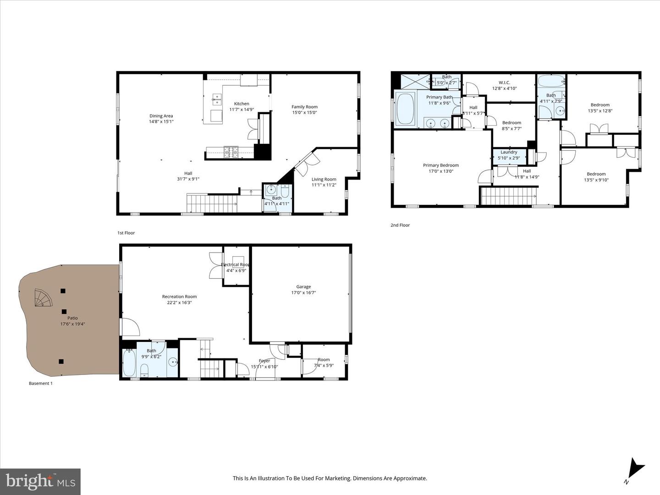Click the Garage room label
tap(303, 287)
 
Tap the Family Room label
tap(304, 107)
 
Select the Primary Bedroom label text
tap(440, 165)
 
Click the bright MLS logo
tap(40, 481)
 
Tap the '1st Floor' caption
tap(126, 233)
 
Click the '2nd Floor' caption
tap(400, 225)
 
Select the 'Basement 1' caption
tap(41, 383)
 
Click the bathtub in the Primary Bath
tap(405, 109)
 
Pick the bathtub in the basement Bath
tap(129, 363)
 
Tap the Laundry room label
tap(509, 152)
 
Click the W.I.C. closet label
tap(504, 83)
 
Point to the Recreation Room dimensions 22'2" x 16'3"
tap(179, 302)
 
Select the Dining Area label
tap(161, 116)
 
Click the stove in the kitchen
tap(231, 151)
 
